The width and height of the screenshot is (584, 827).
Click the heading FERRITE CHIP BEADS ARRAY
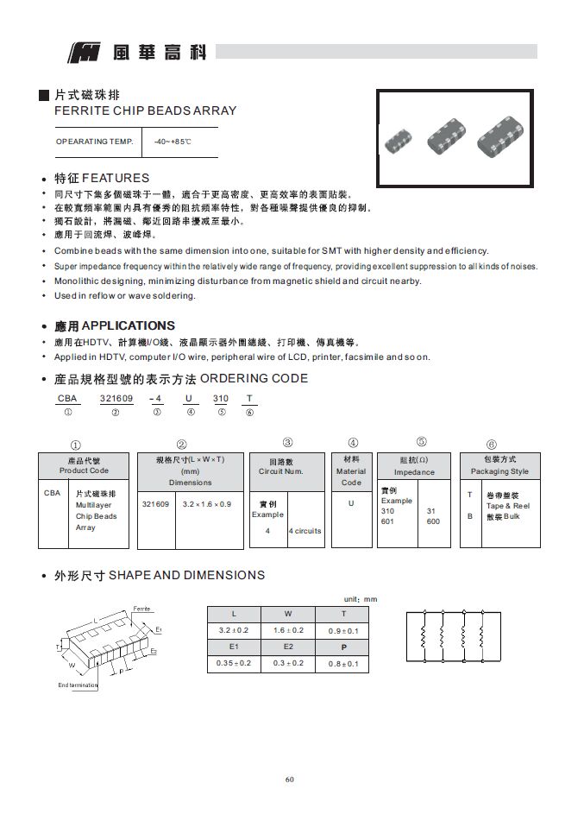click(145, 111)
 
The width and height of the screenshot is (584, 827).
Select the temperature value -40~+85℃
click(173, 141)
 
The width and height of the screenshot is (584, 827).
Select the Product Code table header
click(84, 465)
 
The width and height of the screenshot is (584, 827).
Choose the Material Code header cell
click(351, 470)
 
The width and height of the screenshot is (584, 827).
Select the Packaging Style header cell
click(500, 465)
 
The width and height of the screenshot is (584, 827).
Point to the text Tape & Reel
click(508, 506)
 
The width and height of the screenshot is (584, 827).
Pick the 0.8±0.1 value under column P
click(342, 664)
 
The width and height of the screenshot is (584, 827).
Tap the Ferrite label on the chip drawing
click(142, 609)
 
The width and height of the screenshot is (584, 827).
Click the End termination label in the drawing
click(78, 685)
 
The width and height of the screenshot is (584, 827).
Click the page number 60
click(290, 780)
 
